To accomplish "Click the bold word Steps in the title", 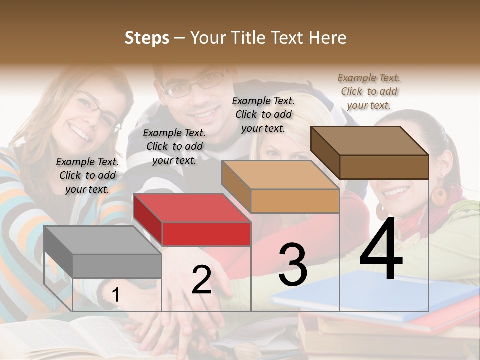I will click(x=147, y=38).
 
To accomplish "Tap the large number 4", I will click(x=381, y=250).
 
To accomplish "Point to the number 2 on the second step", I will click(x=201, y=280).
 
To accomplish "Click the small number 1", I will click(x=115, y=295).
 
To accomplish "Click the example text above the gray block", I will click(x=87, y=175).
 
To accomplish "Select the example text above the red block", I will click(x=174, y=146).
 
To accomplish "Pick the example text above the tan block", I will click(x=263, y=114).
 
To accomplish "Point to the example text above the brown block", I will click(x=369, y=91).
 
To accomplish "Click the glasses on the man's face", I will click(x=197, y=85).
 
